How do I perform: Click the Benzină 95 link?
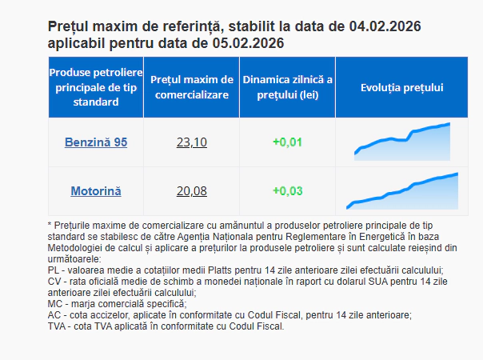[96, 142]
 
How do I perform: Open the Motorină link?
[96, 191]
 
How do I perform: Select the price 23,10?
[192, 142]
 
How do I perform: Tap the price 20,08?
[192, 191]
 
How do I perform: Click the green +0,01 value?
[287, 142]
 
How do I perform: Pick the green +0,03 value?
[287, 191]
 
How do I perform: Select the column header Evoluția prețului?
[402, 87]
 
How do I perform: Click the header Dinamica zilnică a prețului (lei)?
[287, 87]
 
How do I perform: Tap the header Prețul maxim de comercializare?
[192, 87]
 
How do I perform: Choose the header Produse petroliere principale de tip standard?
[96, 87]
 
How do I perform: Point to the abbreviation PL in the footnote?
[54, 270]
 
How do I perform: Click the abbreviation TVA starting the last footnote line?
[58, 326]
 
